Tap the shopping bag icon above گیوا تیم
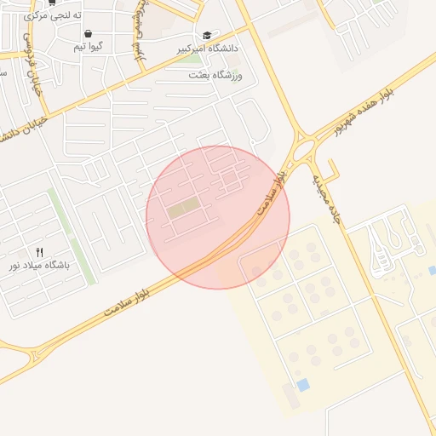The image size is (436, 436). [89, 34]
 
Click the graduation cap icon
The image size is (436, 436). [207, 36]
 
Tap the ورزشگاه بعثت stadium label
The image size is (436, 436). [215, 76]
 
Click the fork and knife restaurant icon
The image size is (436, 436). [39, 252]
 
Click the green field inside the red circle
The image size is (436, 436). [184, 208]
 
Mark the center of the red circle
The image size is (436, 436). [218, 217]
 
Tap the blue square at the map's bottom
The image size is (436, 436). [303, 385]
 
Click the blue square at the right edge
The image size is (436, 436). [432, 271]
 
